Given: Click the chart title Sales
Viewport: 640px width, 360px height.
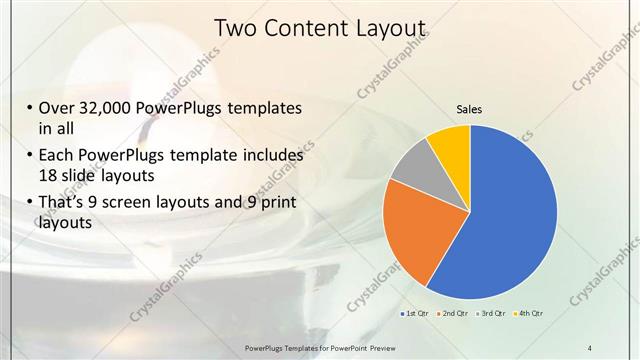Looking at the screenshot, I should click(x=470, y=108).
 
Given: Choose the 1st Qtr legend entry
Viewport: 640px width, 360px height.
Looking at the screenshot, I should click(x=415, y=315).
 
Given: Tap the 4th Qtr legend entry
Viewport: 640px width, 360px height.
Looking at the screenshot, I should click(x=529, y=315).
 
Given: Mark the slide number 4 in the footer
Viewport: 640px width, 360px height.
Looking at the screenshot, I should click(x=590, y=347).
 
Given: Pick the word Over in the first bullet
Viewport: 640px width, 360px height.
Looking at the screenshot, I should click(x=58, y=108).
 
